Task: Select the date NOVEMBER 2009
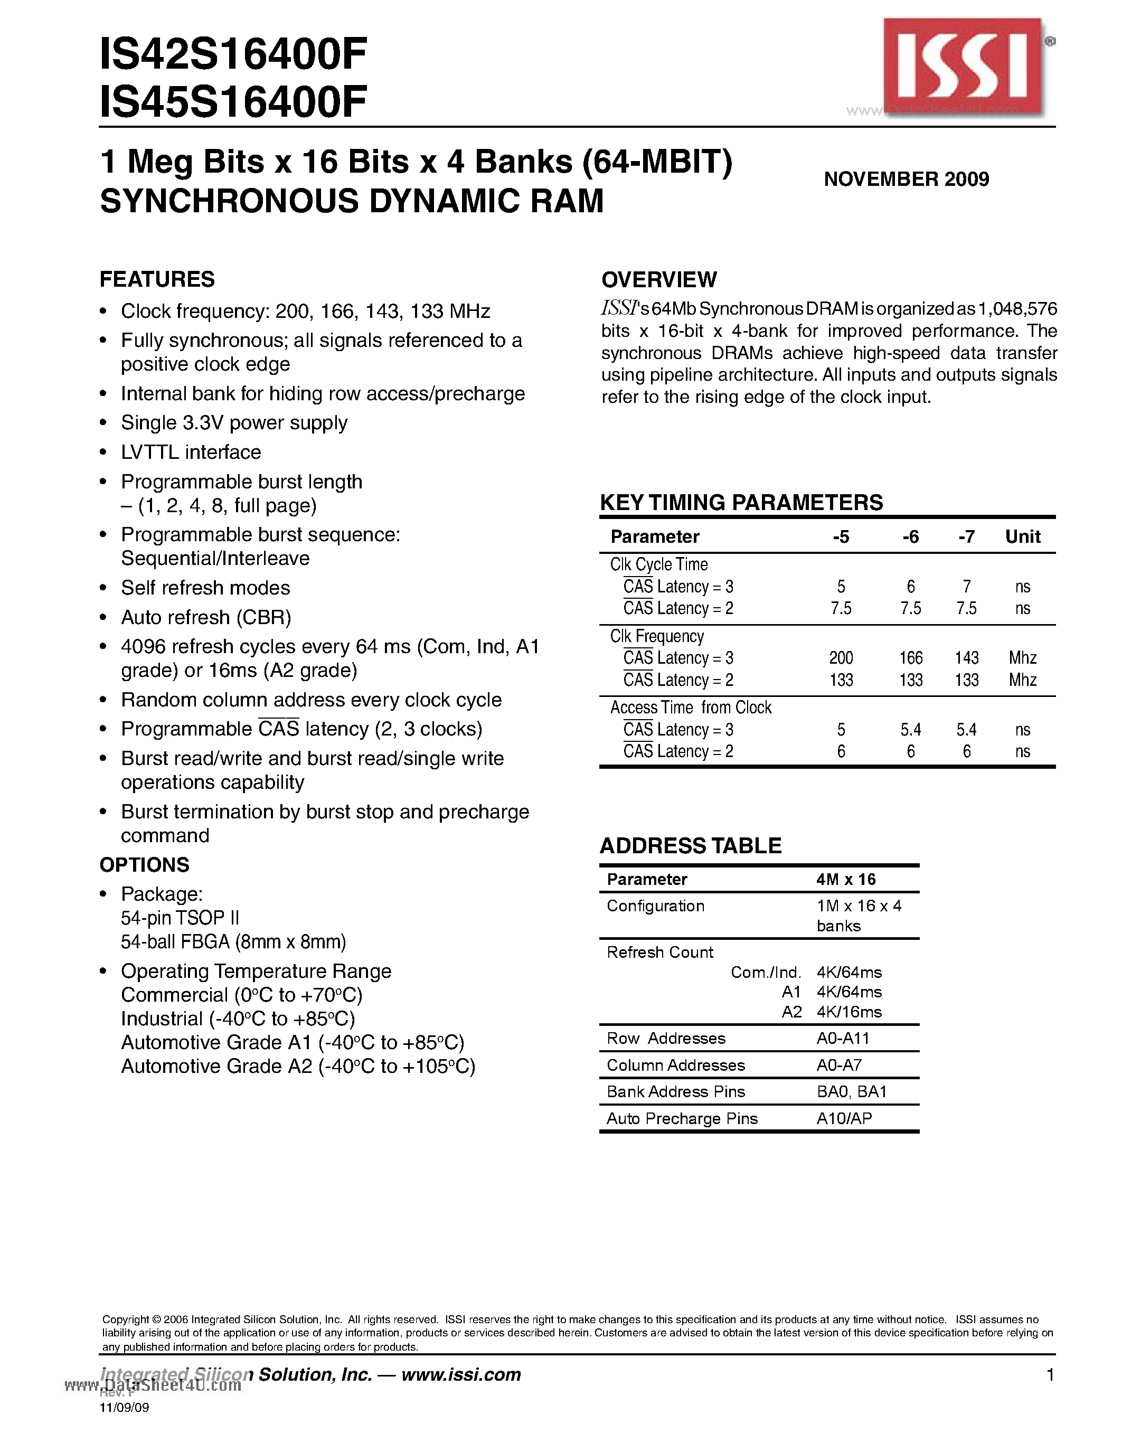coord(906,179)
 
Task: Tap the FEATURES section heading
coord(157,279)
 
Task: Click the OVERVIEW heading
coord(659,280)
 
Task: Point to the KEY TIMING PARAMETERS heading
coord(741,503)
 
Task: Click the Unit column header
coord(1022,536)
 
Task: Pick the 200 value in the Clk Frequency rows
coord(841,658)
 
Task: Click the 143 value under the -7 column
coord(966,658)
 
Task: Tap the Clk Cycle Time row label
coord(659,564)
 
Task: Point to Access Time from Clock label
coord(691,708)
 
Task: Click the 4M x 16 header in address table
coord(845,880)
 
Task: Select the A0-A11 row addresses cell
coord(842,1039)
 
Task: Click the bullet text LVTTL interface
coord(191,452)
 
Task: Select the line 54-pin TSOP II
coord(180,918)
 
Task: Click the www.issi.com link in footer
coord(460,1375)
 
